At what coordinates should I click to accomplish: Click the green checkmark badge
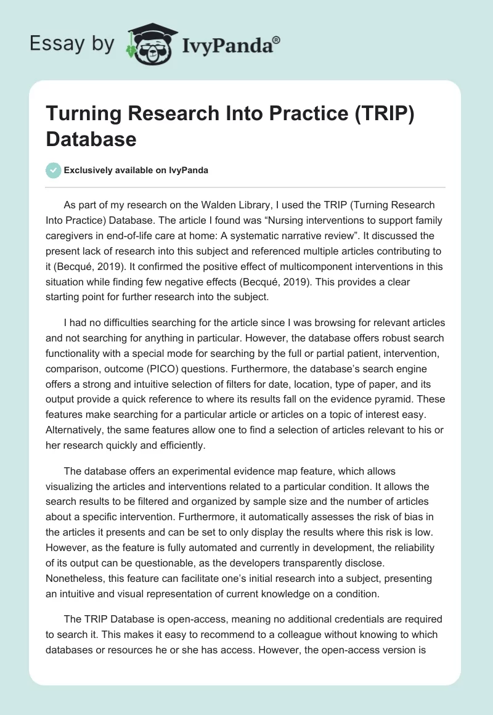coord(54,170)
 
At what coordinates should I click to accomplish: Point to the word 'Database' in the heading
coord(91,139)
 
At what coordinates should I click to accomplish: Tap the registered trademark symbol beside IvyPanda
coord(277,39)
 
